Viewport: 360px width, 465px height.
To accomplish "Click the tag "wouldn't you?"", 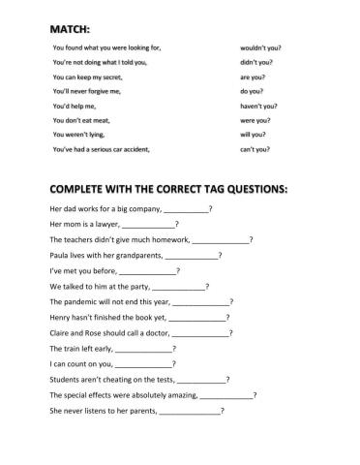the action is point(261,47).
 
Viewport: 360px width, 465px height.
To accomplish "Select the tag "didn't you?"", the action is point(257,62).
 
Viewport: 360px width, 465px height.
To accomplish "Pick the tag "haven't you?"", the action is point(258,107).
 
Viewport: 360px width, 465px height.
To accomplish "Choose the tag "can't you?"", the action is point(255,150).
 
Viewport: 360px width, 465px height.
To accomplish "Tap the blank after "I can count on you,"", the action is point(145,364).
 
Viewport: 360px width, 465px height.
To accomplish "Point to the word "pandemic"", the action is point(82,302).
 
